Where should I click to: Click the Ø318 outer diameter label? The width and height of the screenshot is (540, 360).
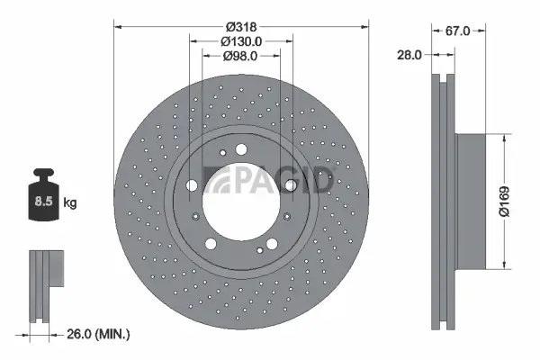pos(240,27)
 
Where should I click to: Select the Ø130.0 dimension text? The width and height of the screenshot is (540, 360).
pos(240,41)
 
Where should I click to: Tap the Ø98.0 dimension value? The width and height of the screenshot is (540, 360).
pos(240,56)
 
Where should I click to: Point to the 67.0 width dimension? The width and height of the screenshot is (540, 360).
pos(459,31)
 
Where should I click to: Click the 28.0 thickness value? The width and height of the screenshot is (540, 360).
pos(409,55)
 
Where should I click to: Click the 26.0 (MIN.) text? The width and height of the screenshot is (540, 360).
pos(99,334)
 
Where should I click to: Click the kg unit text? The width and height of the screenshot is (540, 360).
pos(70,203)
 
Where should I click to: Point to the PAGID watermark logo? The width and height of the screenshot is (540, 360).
pos(270,180)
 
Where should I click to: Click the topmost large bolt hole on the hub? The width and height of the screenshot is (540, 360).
pos(241,151)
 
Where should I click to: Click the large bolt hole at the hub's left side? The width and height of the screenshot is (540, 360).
pos(192,186)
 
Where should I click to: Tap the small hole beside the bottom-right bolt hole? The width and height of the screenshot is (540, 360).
pos(258,249)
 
